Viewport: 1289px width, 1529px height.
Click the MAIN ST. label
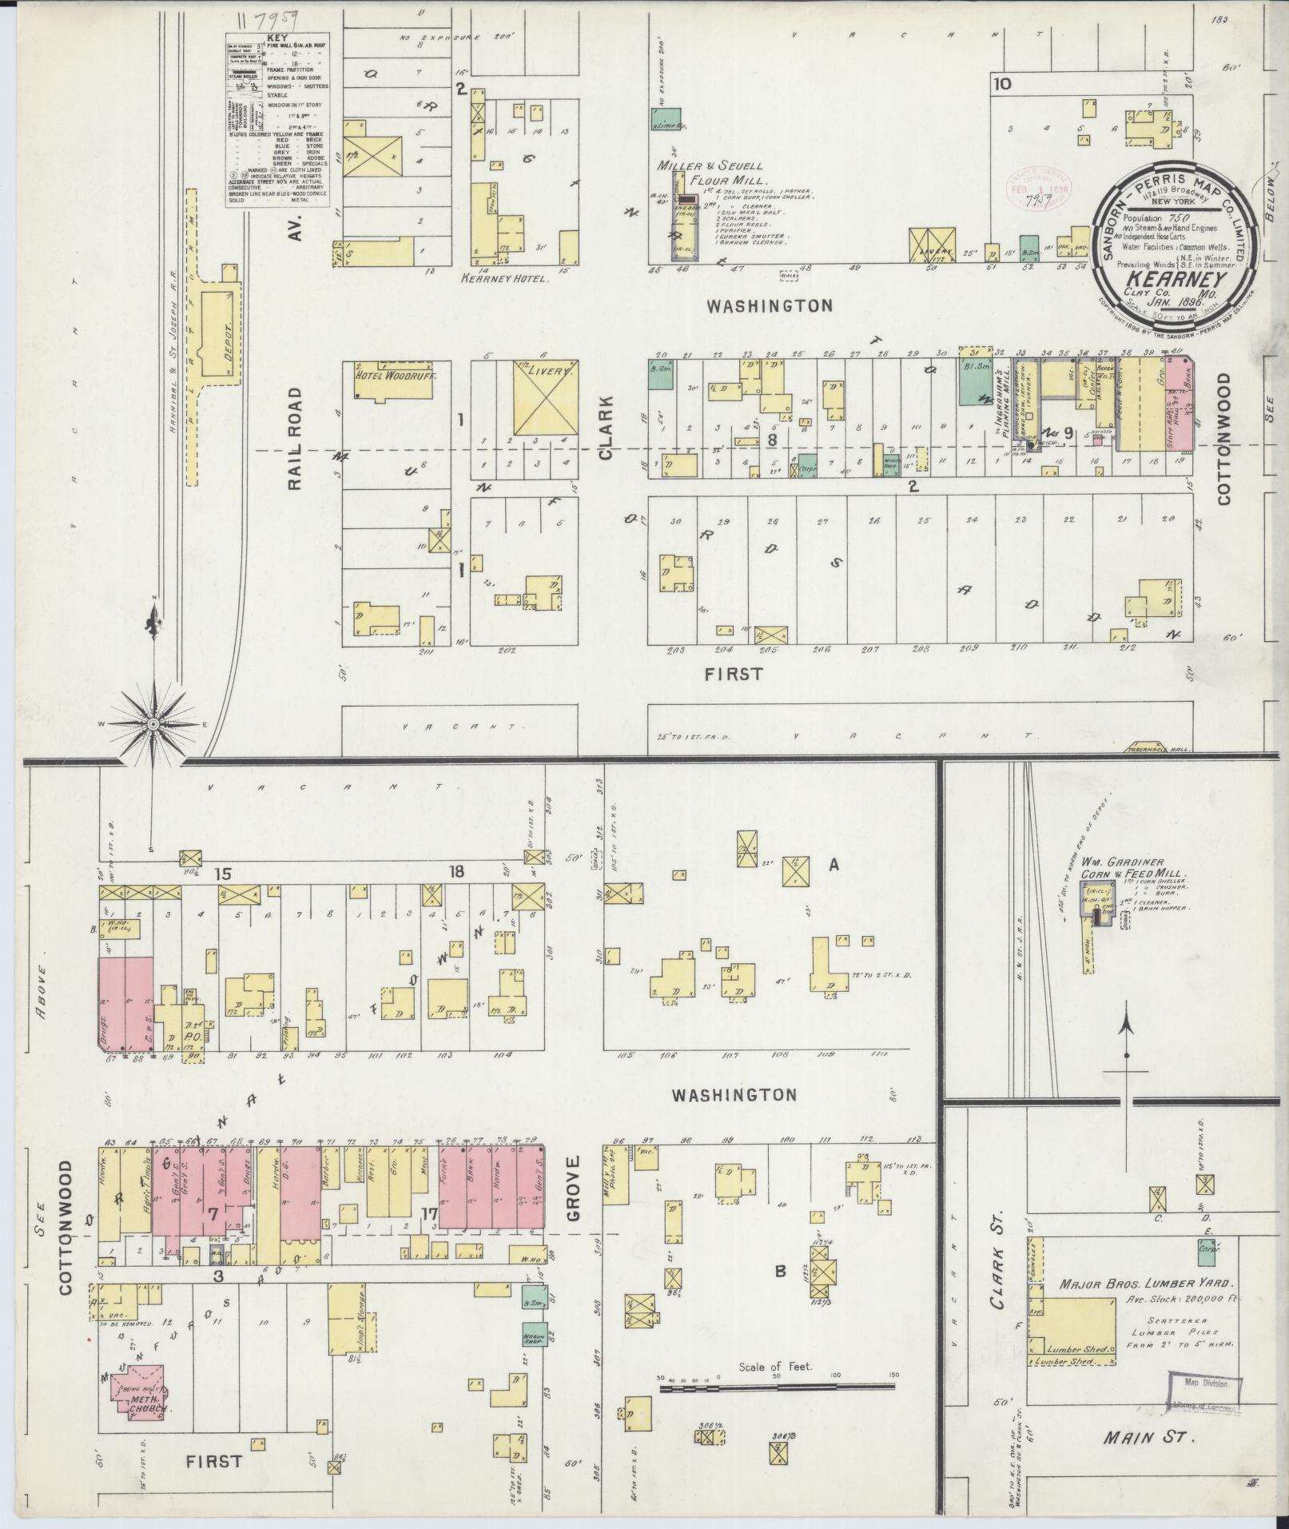1148,1437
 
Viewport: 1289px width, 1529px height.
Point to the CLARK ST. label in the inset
998,1261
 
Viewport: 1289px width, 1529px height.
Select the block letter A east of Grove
833,864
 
